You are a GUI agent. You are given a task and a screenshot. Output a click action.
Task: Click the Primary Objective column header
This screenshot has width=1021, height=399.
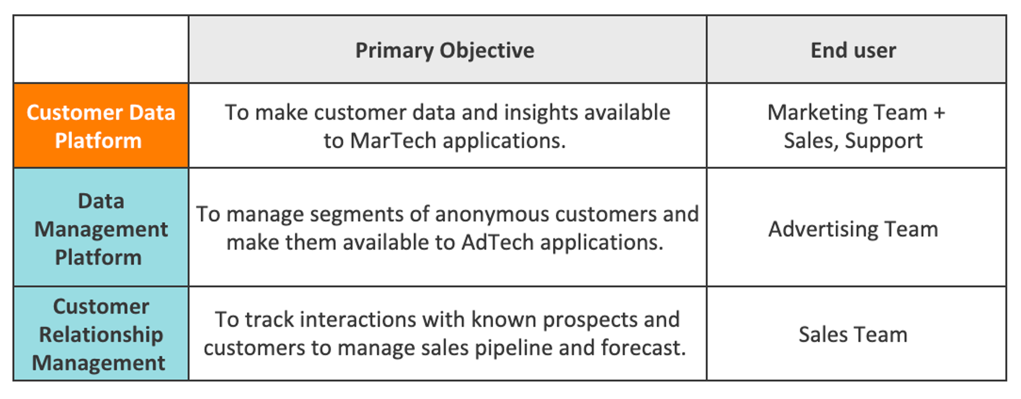pos(445,51)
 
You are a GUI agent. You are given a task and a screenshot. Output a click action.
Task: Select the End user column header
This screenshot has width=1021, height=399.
pos(853,50)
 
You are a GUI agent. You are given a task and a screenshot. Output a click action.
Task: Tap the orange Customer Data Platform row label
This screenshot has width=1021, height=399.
pos(101,126)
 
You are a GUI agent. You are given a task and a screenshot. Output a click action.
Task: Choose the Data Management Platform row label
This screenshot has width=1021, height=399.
pos(101,229)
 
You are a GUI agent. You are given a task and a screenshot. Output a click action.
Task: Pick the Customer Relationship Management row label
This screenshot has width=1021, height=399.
pos(101,334)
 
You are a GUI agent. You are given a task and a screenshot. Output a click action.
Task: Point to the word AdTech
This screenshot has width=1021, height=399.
pos(498,242)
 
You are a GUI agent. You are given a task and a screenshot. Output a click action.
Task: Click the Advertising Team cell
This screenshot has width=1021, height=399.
pos(853,229)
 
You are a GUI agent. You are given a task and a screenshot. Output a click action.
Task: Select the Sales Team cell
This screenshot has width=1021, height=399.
pos(853,335)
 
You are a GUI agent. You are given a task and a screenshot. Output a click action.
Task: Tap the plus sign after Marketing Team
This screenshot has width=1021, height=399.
pos(939,113)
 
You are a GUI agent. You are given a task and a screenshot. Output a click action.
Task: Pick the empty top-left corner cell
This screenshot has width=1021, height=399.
pos(101,50)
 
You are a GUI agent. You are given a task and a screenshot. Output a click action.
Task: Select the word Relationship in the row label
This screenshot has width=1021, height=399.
pos(101,335)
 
